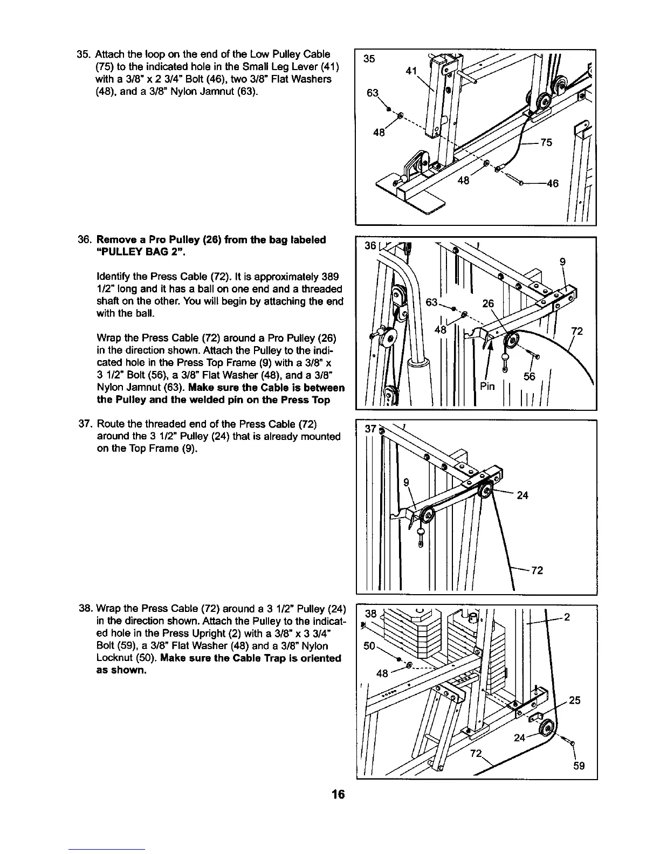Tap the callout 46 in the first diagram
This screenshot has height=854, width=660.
click(552, 184)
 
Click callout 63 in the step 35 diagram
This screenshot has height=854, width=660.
click(373, 93)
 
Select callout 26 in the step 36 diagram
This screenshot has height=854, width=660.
click(488, 304)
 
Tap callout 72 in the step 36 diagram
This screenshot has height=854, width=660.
click(577, 331)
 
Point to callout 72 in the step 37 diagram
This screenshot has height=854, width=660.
click(537, 570)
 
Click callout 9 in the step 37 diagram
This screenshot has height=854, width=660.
click(407, 482)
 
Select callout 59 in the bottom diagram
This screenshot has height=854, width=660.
click(579, 766)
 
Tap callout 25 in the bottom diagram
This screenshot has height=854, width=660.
click(575, 700)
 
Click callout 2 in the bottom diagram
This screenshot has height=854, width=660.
click(567, 618)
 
